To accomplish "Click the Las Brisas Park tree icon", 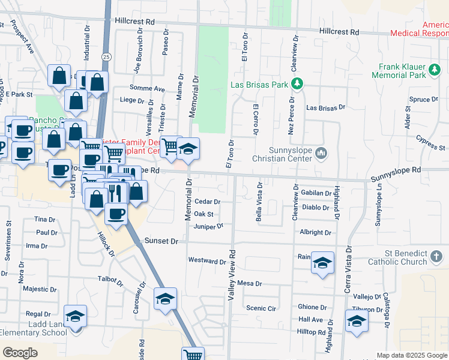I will click(296, 84).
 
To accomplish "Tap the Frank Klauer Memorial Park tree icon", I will click(435, 71).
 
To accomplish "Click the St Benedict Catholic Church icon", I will click(436, 257).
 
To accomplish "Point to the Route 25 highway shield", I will click(106, 56).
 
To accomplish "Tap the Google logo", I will click(20, 353).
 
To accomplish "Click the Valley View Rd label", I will click(231, 276).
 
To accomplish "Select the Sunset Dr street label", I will click(161, 241).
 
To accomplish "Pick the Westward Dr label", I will click(206, 260).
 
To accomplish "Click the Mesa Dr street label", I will click(250, 283).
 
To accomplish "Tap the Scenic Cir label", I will click(261, 308).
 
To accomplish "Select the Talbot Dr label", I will click(110, 279).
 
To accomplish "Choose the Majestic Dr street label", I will click(38, 289).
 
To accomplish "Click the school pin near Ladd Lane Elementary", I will click(76, 317).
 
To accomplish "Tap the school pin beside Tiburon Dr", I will click(357, 320).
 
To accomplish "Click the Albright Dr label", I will click(315, 232).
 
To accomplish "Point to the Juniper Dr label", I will click(209, 226).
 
